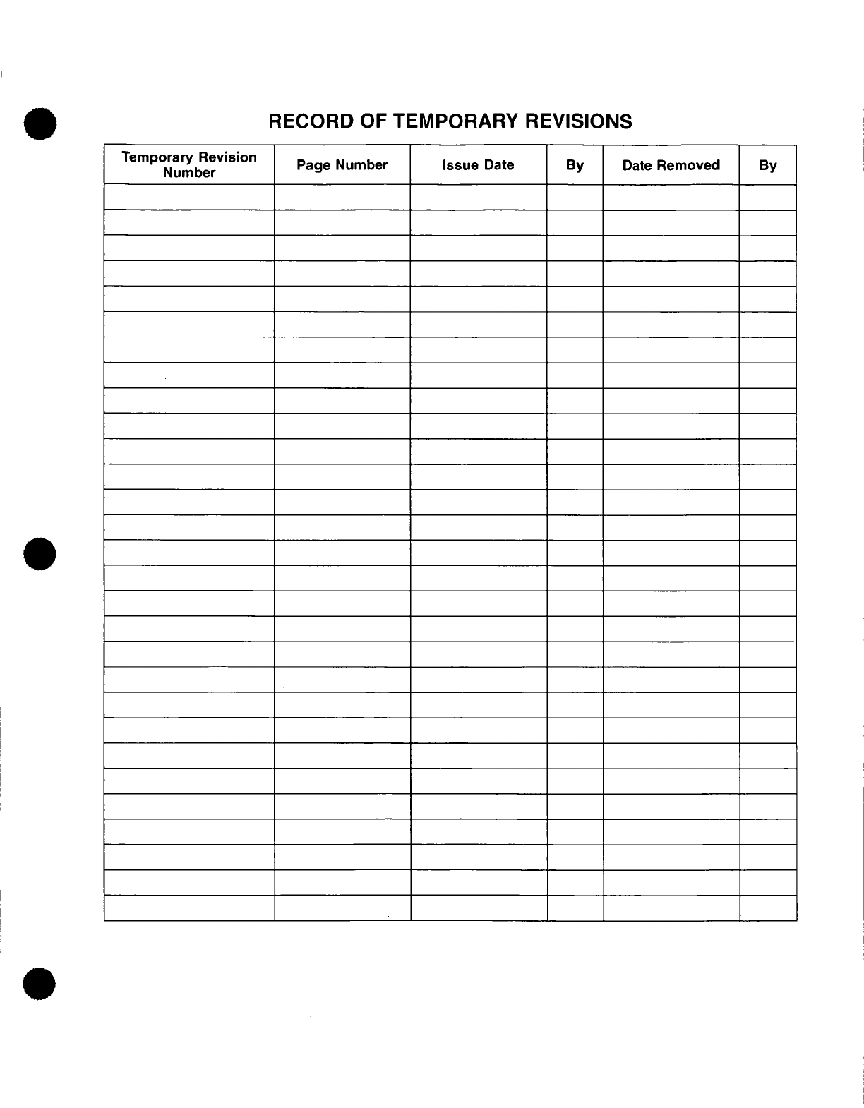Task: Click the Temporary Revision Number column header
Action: point(189,165)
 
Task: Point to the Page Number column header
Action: point(342,165)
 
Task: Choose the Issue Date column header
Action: point(478,165)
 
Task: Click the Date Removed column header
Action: point(671,165)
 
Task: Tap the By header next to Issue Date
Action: point(575,165)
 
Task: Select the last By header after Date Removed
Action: point(767,165)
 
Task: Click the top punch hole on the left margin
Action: point(40,125)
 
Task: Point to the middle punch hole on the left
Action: point(40,552)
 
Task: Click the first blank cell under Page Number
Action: point(342,198)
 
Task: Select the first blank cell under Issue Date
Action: point(478,198)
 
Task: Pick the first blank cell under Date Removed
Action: point(671,198)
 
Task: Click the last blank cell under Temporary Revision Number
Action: point(189,908)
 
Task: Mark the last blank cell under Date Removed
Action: point(671,908)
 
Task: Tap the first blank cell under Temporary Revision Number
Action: point(189,198)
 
